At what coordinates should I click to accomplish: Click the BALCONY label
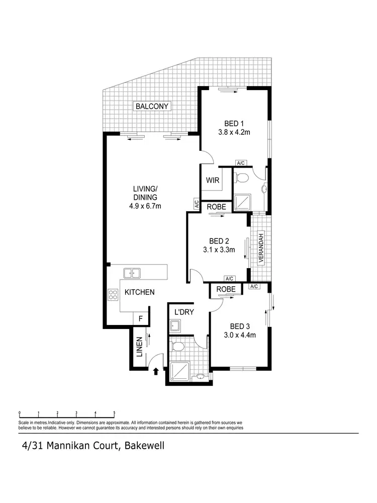(152, 106)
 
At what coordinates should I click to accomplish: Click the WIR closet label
(212, 181)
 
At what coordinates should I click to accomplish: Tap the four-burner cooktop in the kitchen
(113, 295)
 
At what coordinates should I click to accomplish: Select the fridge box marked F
(141, 319)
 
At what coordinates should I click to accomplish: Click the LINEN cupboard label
(139, 347)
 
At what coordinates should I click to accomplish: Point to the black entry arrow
(156, 371)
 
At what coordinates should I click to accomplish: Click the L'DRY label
(184, 312)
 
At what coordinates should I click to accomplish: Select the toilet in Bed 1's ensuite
(242, 178)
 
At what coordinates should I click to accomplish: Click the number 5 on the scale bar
(114, 413)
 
